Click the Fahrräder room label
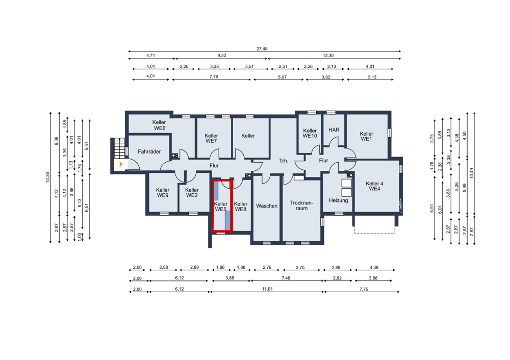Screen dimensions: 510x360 [149, 151]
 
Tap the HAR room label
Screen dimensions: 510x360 [334, 130]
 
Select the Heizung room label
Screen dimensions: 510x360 [338, 200]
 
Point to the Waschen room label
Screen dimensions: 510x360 [267, 206]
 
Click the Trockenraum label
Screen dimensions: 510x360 [301, 205]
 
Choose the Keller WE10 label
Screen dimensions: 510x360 [310, 133]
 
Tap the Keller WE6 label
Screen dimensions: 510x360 [159, 125]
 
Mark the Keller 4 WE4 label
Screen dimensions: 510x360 [374, 186]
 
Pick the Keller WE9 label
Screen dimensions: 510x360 [163, 193]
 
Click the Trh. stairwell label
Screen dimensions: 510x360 [284, 161]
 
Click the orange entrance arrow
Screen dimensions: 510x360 [121, 164]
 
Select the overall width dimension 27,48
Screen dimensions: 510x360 [262, 49]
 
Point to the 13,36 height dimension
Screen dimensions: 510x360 [47, 177]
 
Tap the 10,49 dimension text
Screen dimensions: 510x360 [472, 173]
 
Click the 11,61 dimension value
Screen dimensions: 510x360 [267, 289]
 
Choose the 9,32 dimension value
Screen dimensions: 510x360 [221, 56]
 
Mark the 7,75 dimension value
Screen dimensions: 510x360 [364, 289]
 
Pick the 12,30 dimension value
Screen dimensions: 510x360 [328, 56]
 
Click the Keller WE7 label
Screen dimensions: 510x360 [212, 138]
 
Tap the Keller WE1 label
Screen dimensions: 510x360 [367, 136]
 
